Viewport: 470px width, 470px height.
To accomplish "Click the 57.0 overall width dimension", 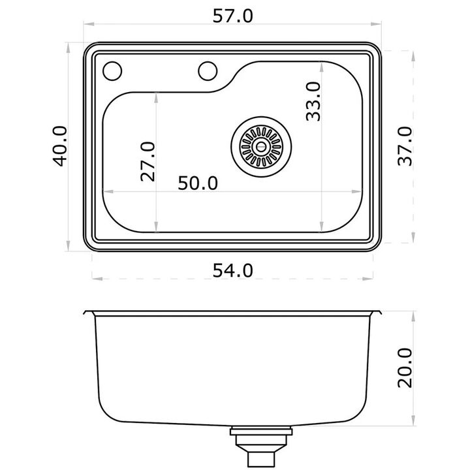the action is (232, 16).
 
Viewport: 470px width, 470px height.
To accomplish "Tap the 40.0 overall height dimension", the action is (60, 146).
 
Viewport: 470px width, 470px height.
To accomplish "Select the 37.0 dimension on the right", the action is (405, 146).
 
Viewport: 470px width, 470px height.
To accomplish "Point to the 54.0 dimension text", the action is (232, 270).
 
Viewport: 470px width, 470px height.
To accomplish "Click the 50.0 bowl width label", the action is (198, 183).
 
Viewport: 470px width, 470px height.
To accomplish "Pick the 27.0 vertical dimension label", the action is (148, 162).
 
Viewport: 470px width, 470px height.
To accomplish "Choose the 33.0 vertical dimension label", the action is (313, 102).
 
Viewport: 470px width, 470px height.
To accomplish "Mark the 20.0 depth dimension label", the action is (405, 368).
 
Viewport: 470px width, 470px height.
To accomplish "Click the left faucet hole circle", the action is (112, 71).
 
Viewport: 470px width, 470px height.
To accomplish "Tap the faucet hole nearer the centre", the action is (208, 71).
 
